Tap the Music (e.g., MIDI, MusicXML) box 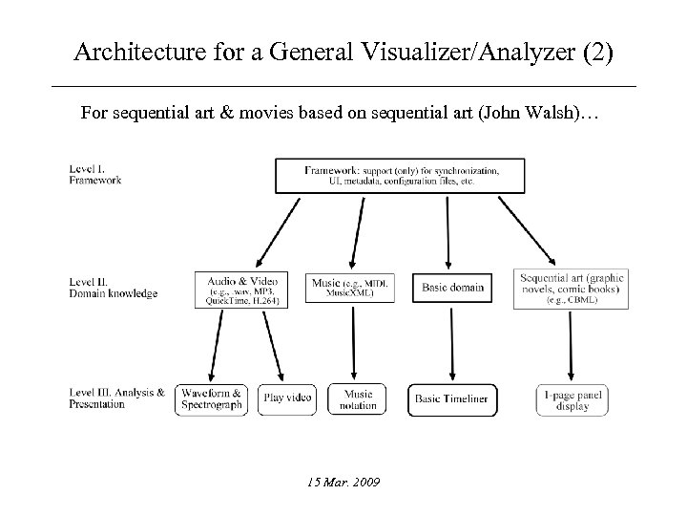[354, 288]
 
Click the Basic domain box [452, 288]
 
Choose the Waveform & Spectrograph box [211, 398]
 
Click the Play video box [287, 398]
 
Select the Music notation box [358, 398]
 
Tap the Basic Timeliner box [453, 398]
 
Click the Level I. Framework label [95, 175]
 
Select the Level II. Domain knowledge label [114, 288]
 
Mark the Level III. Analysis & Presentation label [116, 398]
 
